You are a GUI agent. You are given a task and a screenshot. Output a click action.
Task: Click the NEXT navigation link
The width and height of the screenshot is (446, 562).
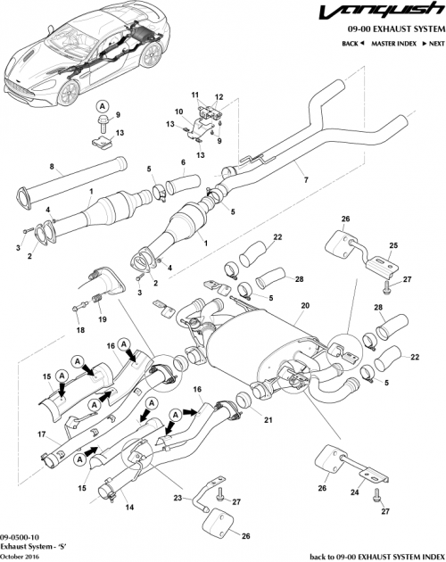coord(433,43)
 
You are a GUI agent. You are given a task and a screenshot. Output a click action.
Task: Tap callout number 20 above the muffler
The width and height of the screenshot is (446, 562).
coord(304,305)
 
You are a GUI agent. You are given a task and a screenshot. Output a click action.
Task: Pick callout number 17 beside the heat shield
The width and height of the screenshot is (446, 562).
coord(41,436)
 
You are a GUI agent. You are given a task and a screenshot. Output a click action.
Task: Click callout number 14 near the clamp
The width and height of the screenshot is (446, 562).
coord(131,508)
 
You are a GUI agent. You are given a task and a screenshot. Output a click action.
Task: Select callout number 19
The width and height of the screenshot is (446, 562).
coord(103,319)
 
